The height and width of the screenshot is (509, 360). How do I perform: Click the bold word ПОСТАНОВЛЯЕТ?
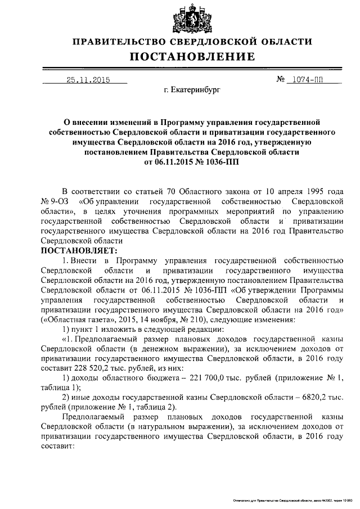point(79,250)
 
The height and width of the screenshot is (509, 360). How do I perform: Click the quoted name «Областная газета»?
point(71,319)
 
